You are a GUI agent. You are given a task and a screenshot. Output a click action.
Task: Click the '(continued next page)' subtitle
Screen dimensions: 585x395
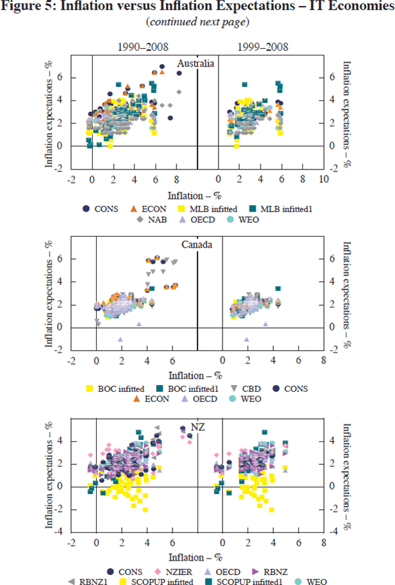pyautogui.click(x=197, y=24)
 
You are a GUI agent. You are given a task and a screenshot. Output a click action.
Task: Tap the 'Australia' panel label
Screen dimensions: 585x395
pyautogui.click(x=197, y=63)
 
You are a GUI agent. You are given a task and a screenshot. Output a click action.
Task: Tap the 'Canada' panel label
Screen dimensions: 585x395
pyautogui.click(x=197, y=244)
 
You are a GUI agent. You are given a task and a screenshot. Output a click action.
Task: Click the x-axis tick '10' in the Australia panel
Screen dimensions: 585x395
pyautogui.click(x=323, y=178)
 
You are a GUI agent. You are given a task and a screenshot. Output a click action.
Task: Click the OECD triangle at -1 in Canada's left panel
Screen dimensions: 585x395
pyautogui.click(x=120, y=339)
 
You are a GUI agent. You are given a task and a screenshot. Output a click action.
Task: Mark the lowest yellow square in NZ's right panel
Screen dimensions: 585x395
pyautogui.click(x=271, y=510)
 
